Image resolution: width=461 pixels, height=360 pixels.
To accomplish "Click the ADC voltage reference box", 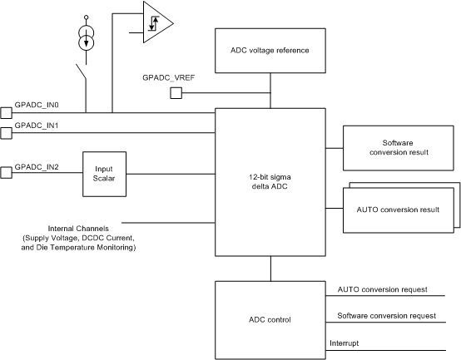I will pos(270,50).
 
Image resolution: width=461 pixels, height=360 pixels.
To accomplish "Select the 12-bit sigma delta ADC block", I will pos(270,182).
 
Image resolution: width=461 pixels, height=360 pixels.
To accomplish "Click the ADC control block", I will pos(270,320).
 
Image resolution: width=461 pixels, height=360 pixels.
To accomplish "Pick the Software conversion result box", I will pos(398,148).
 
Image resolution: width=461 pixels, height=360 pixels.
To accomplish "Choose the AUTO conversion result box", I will pos(398,209).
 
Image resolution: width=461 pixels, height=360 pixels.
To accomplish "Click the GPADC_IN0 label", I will pos(37,106).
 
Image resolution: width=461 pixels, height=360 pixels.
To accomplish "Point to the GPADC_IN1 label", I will pos(37,126).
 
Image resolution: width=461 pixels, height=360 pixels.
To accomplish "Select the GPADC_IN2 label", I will pos(37,167).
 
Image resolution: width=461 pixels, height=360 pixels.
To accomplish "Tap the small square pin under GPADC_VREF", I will pos(176,93).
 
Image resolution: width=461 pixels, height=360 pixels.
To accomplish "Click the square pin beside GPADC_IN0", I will pos(5,112).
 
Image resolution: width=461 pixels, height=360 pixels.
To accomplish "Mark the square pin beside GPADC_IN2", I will pos(5,173).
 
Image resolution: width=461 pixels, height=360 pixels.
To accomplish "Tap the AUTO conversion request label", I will pos(382,289).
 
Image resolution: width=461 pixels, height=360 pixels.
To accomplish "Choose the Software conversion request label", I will pos(387,316).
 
